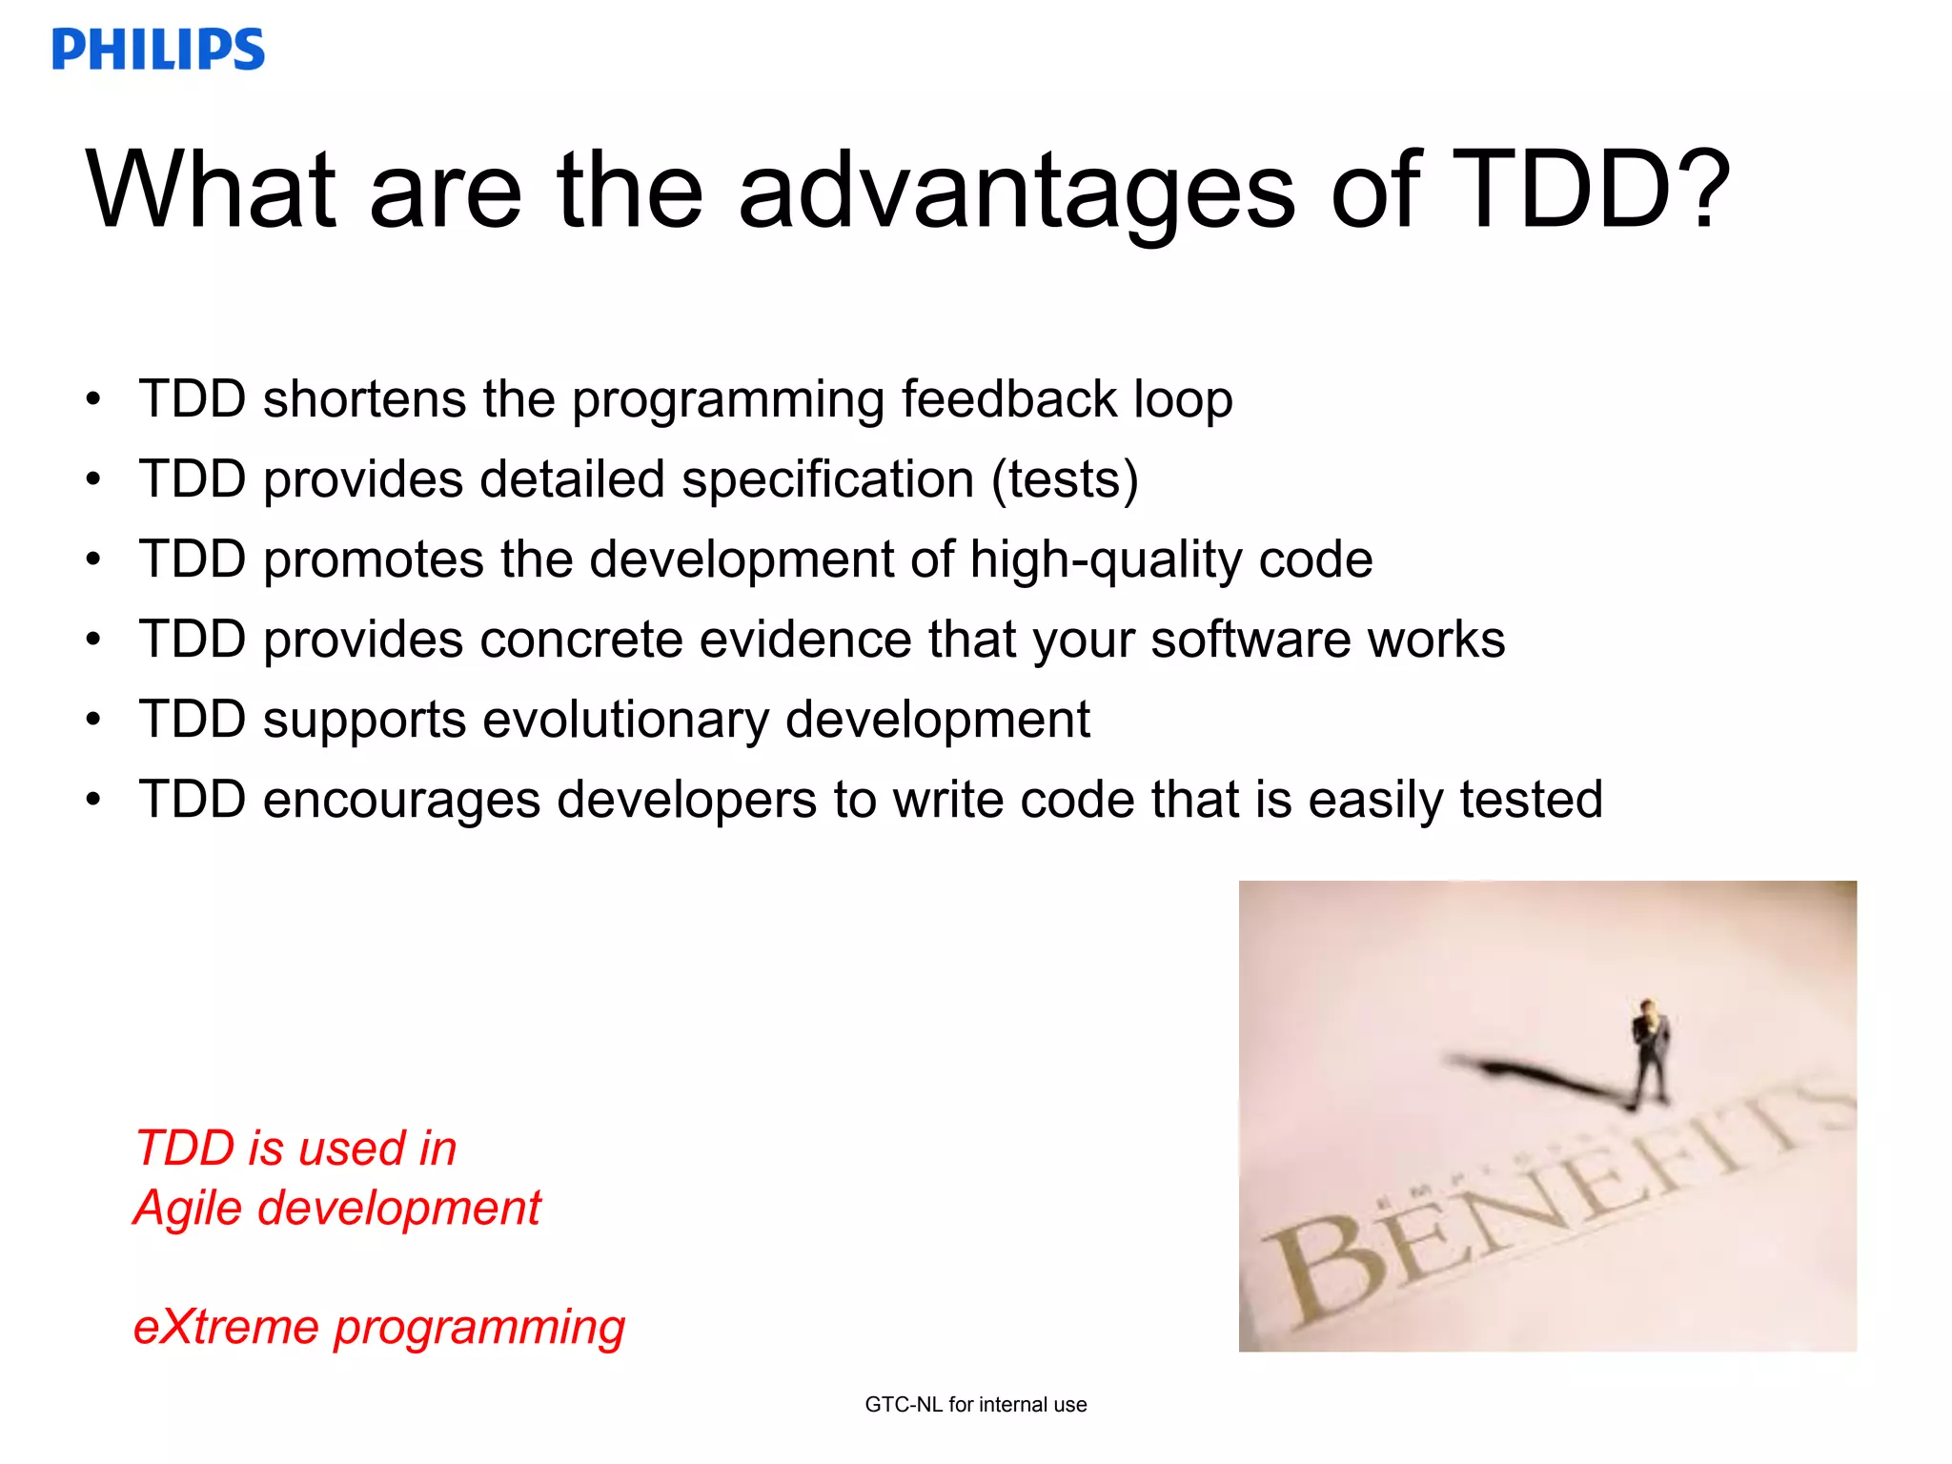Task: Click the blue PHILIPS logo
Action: pyautogui.click(x=158, y=50)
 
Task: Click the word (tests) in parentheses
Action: pyautogui.click(x=1065, y=479)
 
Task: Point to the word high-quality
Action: pyautogui.click(x=1106, y=559)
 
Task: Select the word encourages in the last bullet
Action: pyautogui.click(x=401, y=801)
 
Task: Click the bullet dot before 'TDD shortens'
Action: pyautogui.click(x=92, y=399)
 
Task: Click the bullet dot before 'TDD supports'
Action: pyautogui.click(x=92, y=720)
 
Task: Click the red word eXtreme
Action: pyautogui.click(x=225, y=1327)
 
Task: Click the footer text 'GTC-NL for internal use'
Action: pyautogui.click(x=975, y=1404)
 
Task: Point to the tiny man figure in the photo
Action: pyautogui.click(x=1649, y=1048)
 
